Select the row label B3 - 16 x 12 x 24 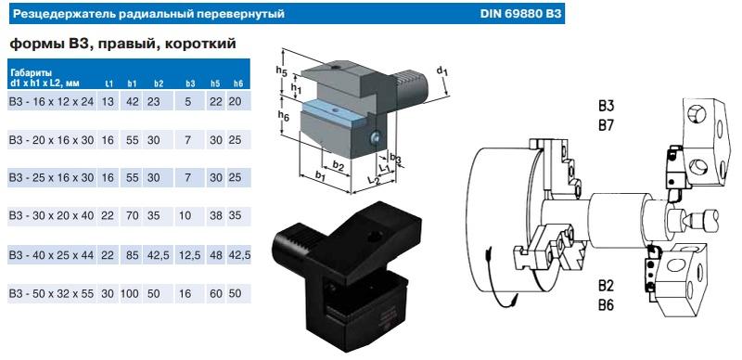tap(50, 100)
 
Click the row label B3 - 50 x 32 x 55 tap(50, 293)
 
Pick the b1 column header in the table tap(133, 84)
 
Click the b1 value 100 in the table tap(133, 293)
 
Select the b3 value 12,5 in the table tap(189, 253)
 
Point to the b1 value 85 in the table tap(133, 253)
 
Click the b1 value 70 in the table tap(133, 214)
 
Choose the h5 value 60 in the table tap(215, 293)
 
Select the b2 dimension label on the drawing tap(339, 165)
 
